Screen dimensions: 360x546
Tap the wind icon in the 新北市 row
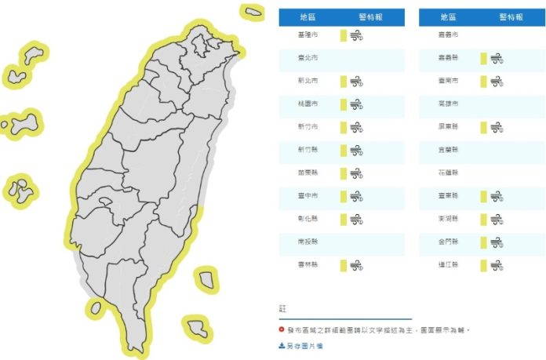pyautogui.click(x=356, y=82)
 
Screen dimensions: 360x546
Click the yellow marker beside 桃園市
pyautogui.click(x=343, y=104)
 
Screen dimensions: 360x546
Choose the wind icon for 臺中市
pyautogui.click(x=356, y=196)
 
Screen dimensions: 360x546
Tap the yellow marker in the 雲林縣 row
pyautogui.click(x=343, y=265)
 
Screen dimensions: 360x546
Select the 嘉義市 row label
pyautogui.click(x=450, y=36)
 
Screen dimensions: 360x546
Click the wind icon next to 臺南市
pyautogui.click(x=497, y=82)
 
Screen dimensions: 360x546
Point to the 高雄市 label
pyautogui.click(x=450, y=104)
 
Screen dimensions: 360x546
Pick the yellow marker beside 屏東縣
pyautogui.click(x=483, y=127)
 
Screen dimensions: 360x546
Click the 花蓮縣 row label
pyautogui.click(x=450, y=173)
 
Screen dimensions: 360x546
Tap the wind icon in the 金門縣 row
pyautogui.click(x=497, y=242)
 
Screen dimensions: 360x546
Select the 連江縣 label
pyautogui.click(x=450, y=265)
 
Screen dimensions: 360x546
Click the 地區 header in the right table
pyautogui.click(x=450, y=16)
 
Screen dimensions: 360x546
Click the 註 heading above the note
pyautogui.click(x=282, y=308)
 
